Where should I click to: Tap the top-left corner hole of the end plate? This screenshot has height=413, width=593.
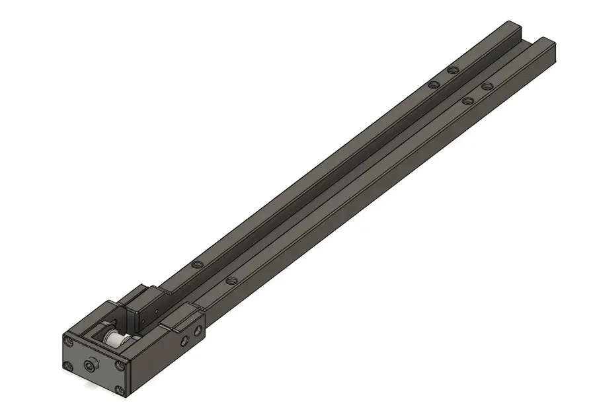[x=67, y=342]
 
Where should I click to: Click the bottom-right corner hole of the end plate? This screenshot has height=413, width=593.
[x=120, y=390]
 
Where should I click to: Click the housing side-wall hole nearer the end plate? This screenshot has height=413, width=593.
[x=185, y=340]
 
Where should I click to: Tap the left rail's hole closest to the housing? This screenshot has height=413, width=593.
[x=196, y=264]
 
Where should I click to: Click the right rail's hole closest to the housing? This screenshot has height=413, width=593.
[x=230, y=281]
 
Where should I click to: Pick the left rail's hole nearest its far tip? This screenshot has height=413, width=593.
[x=452, y=70]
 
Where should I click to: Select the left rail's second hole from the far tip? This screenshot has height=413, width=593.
[x=433, y=85]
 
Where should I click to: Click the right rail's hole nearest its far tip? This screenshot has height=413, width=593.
[x=487, y=86]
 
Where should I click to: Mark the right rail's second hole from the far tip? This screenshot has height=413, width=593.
[x=469, y=101]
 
